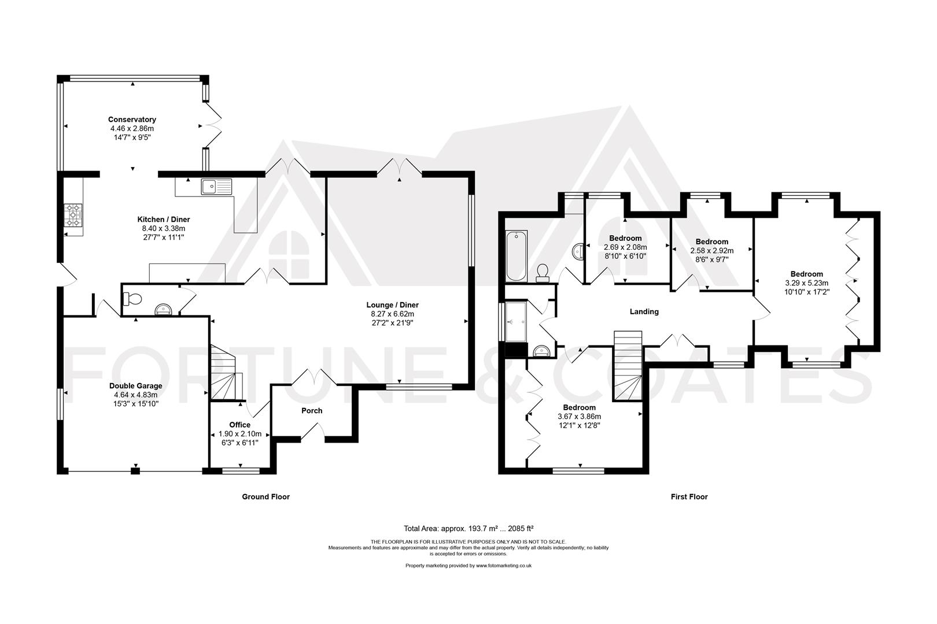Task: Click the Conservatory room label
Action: click(132, 120)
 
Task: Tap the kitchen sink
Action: click(216, 187)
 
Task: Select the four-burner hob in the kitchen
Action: click(73, 216)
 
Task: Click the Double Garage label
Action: click(135, 386)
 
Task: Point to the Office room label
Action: click(239, 425)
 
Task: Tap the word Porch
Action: click(312, 411)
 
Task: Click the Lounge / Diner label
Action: click(392, 305)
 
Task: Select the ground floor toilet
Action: click(133, 299)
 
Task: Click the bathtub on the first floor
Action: click(516, 256)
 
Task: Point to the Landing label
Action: click(644, 311)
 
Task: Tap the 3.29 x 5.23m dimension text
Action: click(806, 283)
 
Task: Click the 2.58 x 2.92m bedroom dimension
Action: click(712, 251)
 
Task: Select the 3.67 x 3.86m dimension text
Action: click(580, 416)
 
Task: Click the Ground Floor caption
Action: click(265, 496)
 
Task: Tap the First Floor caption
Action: click(689, 496)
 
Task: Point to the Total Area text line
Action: click(468, 528)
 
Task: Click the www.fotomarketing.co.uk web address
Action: click(504, 566)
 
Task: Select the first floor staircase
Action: click(628, 366)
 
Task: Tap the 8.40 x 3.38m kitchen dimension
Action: click(164, 229)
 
